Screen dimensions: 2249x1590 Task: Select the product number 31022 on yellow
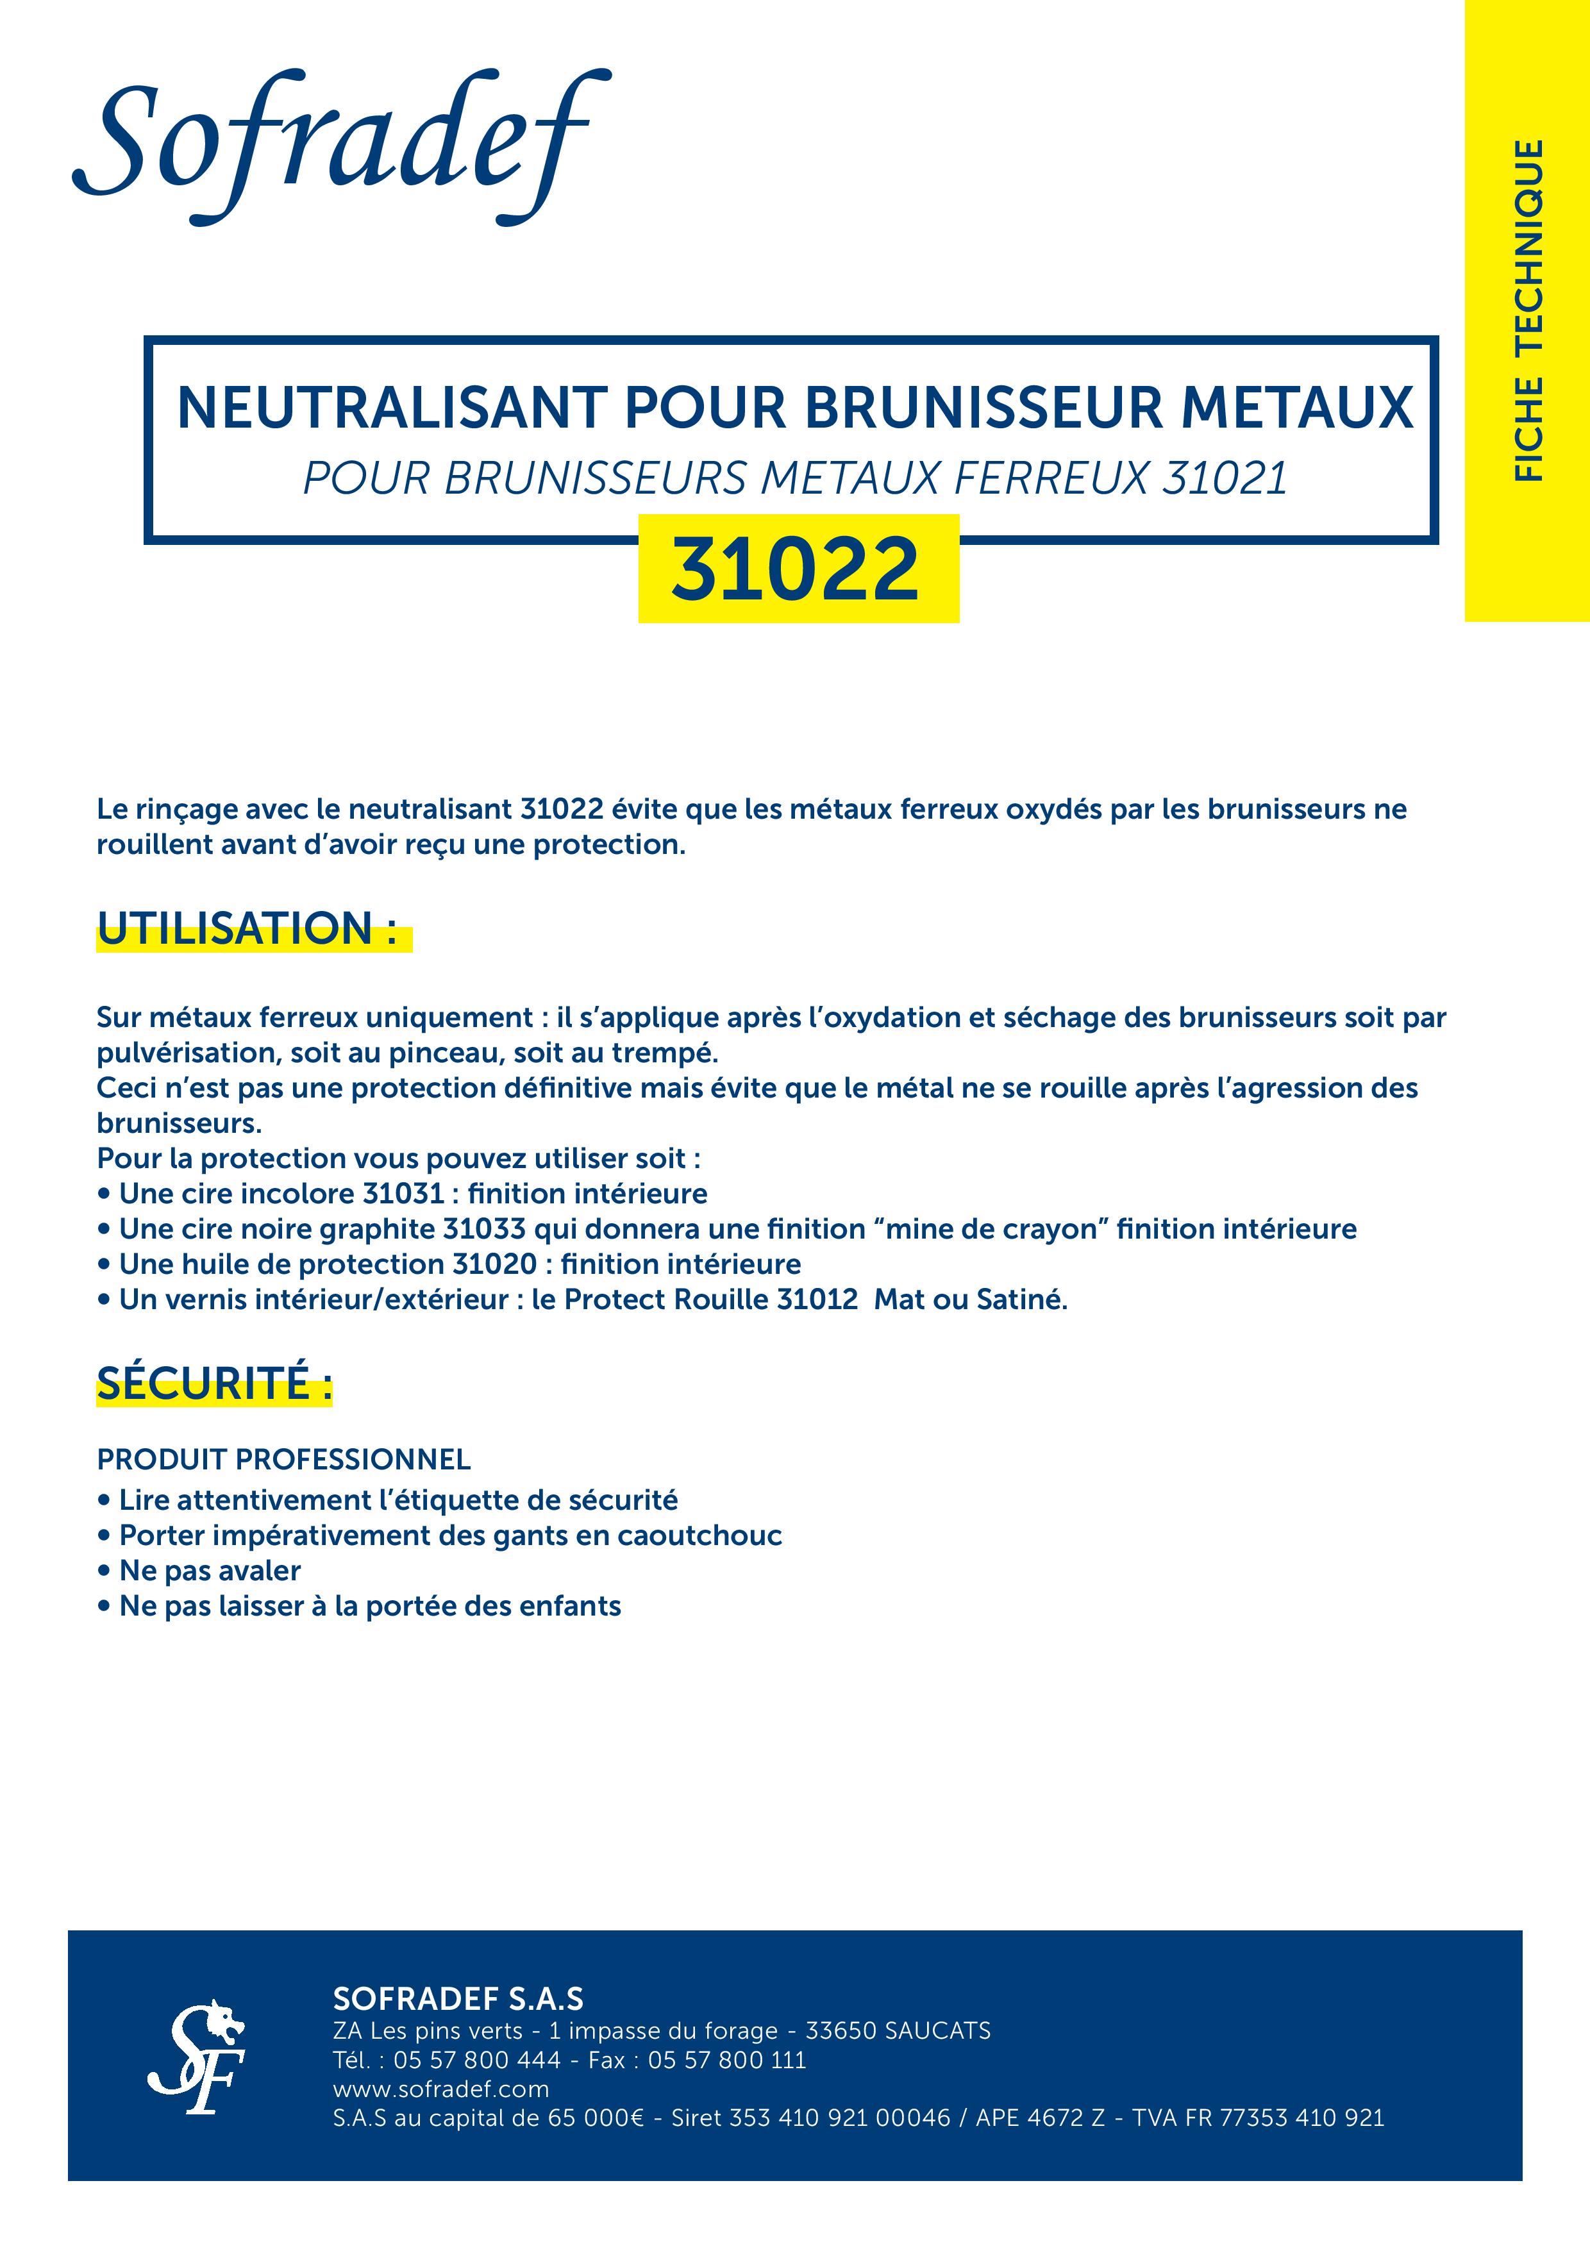796,570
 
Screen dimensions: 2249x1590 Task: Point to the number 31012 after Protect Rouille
817,1300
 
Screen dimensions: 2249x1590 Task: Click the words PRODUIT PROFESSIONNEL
283,1460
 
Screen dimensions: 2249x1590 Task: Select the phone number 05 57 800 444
477,2060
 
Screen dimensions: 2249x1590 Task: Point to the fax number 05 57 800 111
727,2060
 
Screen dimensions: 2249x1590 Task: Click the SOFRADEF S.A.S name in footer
458,1999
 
